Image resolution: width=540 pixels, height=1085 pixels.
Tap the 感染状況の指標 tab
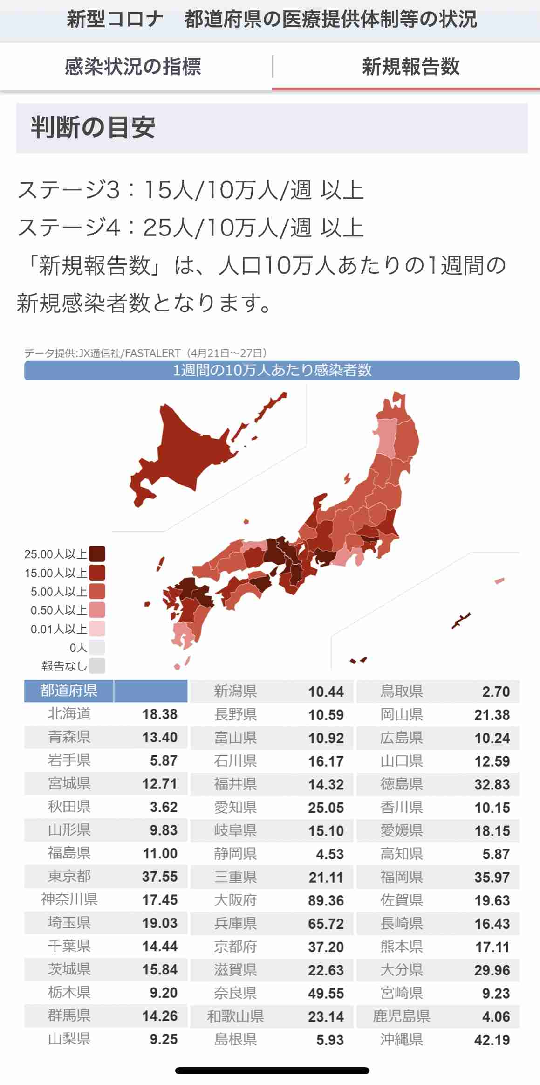(x=133, y=67)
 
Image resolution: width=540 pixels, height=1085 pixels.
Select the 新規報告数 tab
(x=410, y=67)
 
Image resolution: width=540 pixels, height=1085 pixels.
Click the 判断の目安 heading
(x=93, y=128)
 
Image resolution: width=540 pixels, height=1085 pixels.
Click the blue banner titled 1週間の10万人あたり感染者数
(x=272, y=371)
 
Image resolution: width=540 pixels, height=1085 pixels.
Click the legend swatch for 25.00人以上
(x=97, y=554)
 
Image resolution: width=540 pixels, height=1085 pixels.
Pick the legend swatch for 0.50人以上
(x=97, y=610)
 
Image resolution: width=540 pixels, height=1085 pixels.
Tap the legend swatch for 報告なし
(x=97, y=666)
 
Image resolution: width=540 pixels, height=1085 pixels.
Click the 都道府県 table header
(x=68, y=691)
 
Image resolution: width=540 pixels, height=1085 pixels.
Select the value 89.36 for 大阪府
(x=326, y=900)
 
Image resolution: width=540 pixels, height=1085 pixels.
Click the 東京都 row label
(x=69, y=877)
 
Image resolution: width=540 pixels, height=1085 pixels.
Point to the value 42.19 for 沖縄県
(x=492, y=1040)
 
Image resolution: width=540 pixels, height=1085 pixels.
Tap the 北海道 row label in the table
(x=69, y=714)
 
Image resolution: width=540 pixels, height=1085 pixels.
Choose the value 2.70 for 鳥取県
(x=496, y=691)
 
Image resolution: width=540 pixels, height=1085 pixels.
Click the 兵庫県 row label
(x=235, y=924)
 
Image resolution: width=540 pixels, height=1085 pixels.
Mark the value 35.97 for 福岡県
(x=492, y=877)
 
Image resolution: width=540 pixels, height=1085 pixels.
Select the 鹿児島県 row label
(x=401, y=1016)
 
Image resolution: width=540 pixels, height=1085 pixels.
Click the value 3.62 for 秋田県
(x=164, y=807)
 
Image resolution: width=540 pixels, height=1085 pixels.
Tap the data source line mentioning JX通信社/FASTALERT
(x=145, y=353)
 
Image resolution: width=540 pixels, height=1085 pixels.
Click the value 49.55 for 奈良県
(x=326, y=993)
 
